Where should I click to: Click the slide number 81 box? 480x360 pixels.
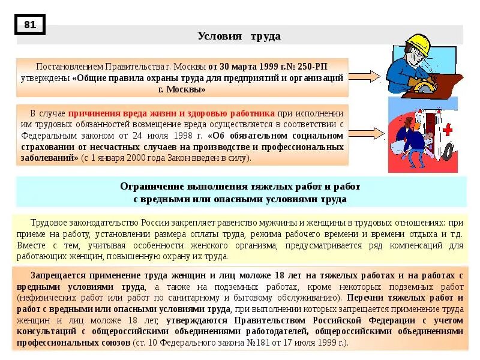(30, 25)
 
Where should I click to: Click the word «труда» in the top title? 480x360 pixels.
(266, 36)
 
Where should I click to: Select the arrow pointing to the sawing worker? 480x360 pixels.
(364, 76)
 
